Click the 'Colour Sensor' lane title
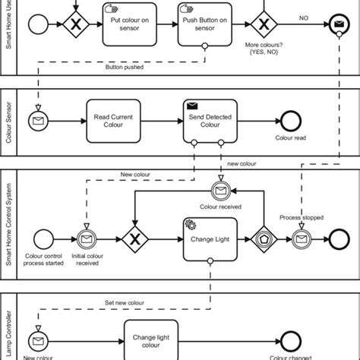[8, 122]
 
